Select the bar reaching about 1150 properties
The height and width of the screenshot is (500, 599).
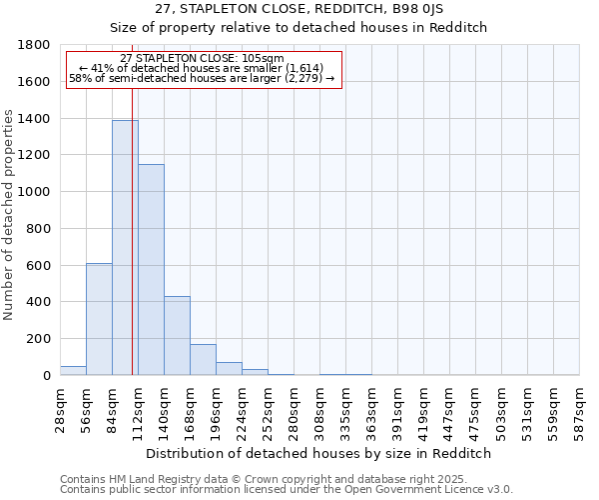(151, 270)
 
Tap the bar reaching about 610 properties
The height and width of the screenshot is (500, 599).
(99, 319)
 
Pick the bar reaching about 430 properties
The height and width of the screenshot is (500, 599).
(177, 336)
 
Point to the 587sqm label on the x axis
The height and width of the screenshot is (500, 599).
(580, 408)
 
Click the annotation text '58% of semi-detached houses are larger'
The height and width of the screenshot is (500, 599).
(201, 78)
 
